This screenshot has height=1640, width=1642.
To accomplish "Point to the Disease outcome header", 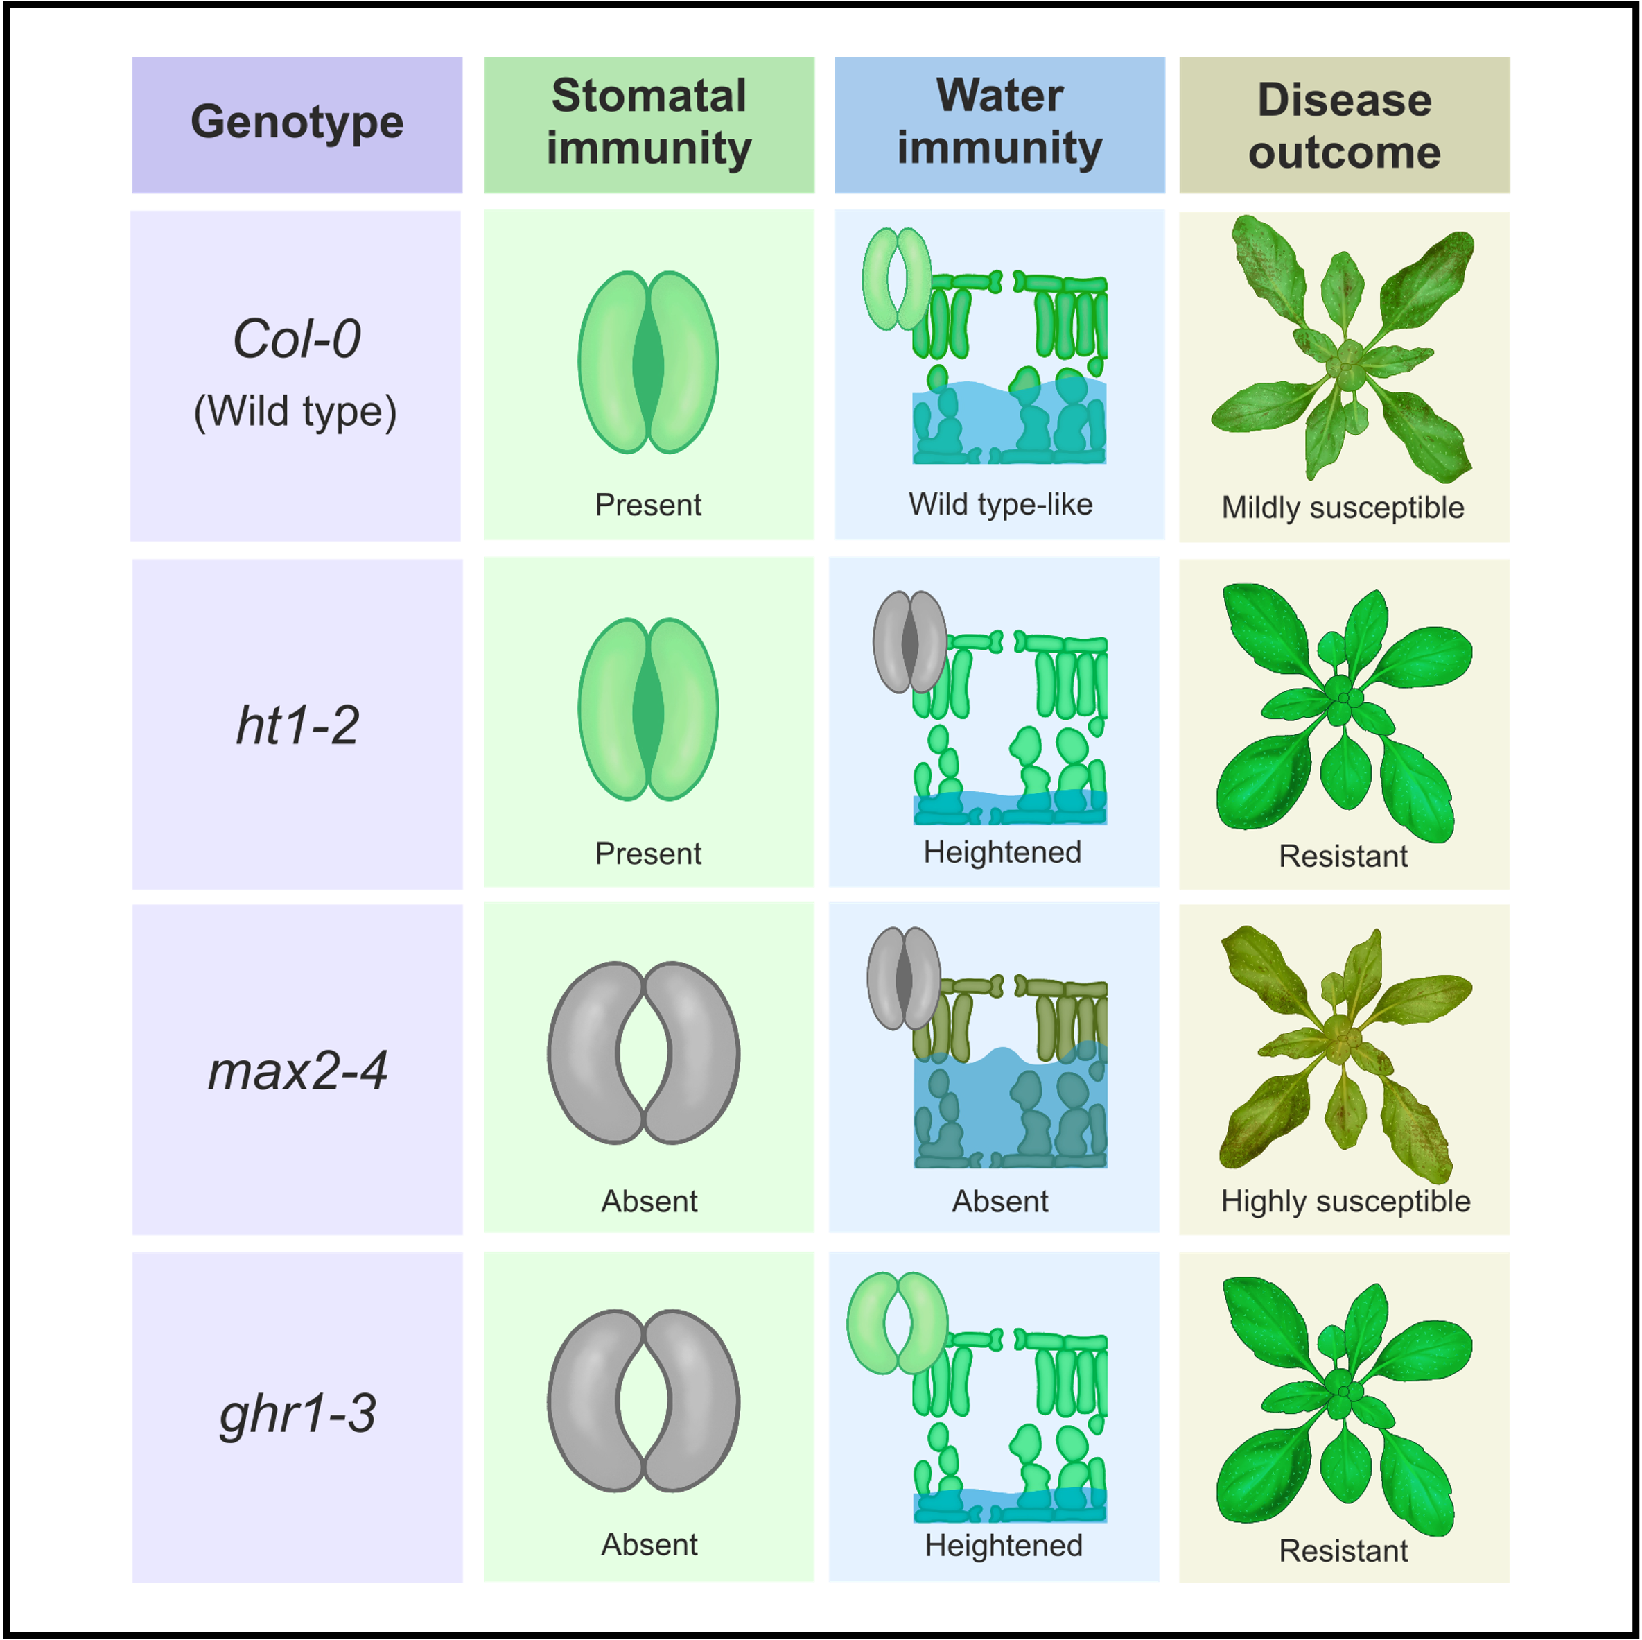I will (1344, 126).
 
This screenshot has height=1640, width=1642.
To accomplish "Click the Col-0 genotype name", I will (297, 338).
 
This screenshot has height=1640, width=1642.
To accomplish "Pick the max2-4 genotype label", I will (297, 1071).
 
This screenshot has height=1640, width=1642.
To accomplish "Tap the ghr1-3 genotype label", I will (297, 1414).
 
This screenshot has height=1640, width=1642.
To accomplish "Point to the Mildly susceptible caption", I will (1343, 508).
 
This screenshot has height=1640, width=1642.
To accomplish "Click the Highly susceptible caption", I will (1345, 1201).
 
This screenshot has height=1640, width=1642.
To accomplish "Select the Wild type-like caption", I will (1000, 504).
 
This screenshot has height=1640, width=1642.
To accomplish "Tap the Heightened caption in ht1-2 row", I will (1002, 852).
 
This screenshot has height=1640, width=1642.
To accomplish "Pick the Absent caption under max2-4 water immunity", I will (999, 1201).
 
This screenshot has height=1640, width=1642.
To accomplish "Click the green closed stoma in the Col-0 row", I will (649, 362).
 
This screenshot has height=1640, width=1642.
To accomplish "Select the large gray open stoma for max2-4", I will (643, 1053).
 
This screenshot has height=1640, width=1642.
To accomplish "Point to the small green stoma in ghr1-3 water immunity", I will (897, 1323).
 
